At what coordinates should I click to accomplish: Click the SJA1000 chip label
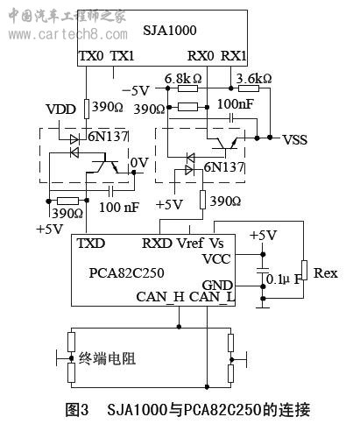(170, 30)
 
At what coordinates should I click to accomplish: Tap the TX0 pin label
(91, 56)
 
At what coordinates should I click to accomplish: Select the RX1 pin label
(233, 56)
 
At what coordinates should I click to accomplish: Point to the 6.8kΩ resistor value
(183, 79)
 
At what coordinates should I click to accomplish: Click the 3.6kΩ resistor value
(254, 78)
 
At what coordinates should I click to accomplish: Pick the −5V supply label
(136, 90)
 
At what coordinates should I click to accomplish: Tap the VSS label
(295, 140)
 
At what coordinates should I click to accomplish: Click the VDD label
(61, 110)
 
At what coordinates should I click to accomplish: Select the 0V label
(139, 162)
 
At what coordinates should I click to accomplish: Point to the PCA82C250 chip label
(126, 272)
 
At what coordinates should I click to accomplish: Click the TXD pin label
(91, 244)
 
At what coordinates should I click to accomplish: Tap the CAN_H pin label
(160, 297)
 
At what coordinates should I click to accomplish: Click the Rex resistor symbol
(304, 270)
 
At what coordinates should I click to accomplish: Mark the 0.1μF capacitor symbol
(263, 270)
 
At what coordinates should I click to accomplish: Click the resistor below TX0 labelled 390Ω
(87, 109)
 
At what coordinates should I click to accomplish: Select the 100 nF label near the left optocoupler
(119, 207)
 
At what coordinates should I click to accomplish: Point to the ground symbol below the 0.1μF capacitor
(263, 307)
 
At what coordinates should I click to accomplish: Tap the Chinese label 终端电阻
(107, 358)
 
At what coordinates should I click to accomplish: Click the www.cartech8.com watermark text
(67, 34)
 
